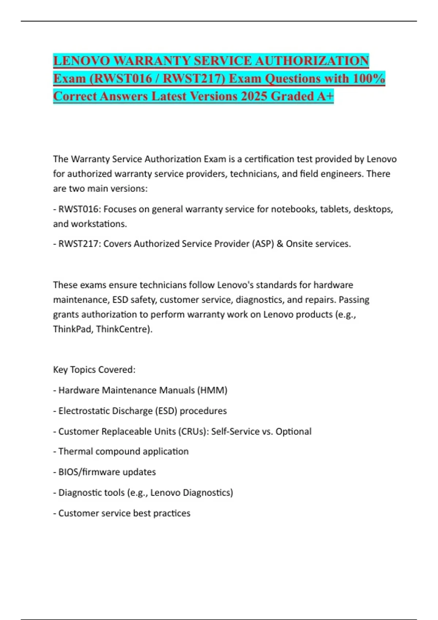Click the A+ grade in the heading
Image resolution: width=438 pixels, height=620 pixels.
click(325, 96)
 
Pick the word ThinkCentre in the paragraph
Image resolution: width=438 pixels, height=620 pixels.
click(123, 329)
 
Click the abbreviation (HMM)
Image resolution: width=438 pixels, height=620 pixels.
click(212, 390)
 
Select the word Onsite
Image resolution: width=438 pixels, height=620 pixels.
click(300, 244)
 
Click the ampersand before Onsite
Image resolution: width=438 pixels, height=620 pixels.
click(280, 244)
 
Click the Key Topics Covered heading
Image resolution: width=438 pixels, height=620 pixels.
click(94, 370)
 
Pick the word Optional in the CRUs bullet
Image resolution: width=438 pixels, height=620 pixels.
click(293, 431)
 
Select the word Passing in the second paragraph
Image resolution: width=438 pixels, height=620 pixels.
click(354, 300)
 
